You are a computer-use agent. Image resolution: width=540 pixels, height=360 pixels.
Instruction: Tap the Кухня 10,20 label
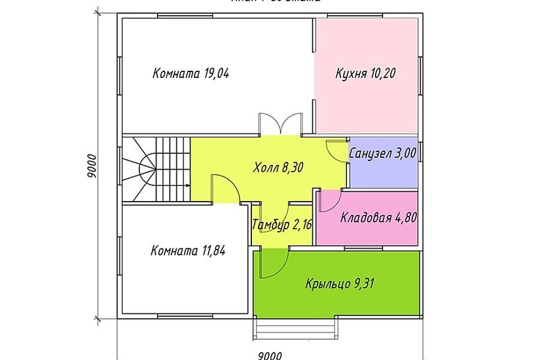[x=366, y=72]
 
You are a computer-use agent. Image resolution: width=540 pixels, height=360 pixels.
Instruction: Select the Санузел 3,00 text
[x=384, y=153]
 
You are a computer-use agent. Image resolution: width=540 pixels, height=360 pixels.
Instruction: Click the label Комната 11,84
[x=188, y=250]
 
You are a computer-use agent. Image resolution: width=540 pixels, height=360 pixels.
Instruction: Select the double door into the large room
[x=280, y=124]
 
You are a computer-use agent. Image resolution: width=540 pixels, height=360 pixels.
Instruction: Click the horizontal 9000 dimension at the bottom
[x=270, y=355]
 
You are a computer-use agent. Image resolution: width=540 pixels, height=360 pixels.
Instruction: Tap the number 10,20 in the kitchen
[x=384, y=72]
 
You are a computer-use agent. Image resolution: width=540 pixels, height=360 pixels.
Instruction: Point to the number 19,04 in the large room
[x=216, y=74]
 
